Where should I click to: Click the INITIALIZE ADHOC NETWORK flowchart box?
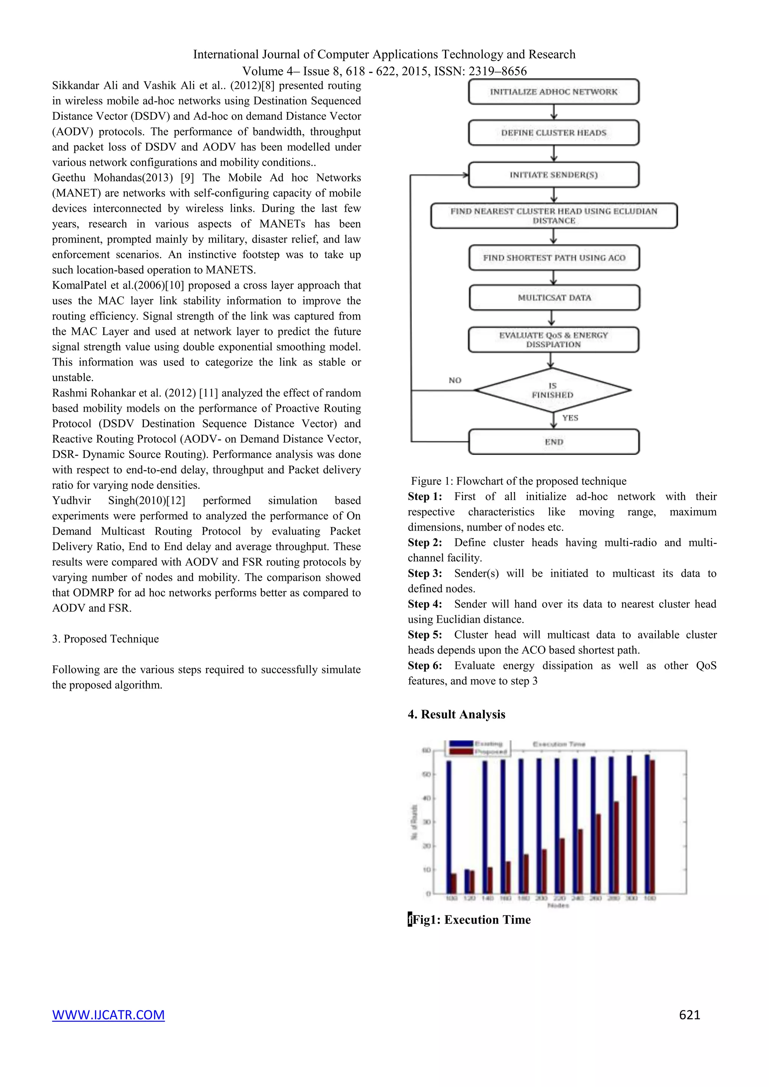[x=553, y=92]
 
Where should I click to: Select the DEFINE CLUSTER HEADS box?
[x=553, y=133]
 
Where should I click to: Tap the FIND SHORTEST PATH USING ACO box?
[x=554, y=258]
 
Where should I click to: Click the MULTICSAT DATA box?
[x=554, y=298]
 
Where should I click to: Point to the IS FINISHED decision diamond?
[x=553, y=390]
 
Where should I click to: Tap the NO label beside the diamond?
[x=455, y=380]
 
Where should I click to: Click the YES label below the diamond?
[x=570, y=418]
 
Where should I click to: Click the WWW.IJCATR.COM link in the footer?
[x=109, y=1015]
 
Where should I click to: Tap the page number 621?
[x=689, y=1015]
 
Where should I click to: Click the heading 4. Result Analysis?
[x=457, y=715]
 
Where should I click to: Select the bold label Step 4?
[x=425, y=604]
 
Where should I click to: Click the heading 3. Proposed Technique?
[x=106, y=639]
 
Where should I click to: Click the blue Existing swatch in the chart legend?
[x=461, y=743]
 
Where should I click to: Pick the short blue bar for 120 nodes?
[x=467, y=881]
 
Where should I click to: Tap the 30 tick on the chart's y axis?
[x=427, y=822]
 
